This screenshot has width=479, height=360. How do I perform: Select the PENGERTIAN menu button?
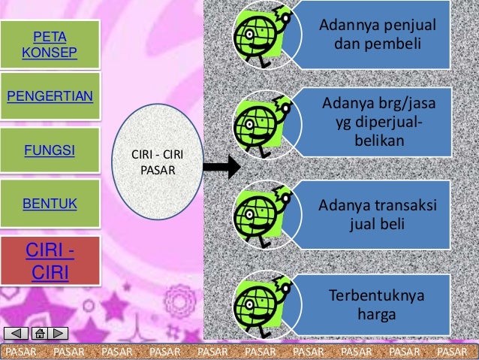tap(50, 97)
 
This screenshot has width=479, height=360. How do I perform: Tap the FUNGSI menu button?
tap(50, 150)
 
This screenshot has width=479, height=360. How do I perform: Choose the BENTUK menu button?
tap(50, 203)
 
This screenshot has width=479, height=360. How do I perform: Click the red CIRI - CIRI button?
tap(50, 259)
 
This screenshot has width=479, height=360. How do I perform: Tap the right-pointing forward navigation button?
tap(58, 334)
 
